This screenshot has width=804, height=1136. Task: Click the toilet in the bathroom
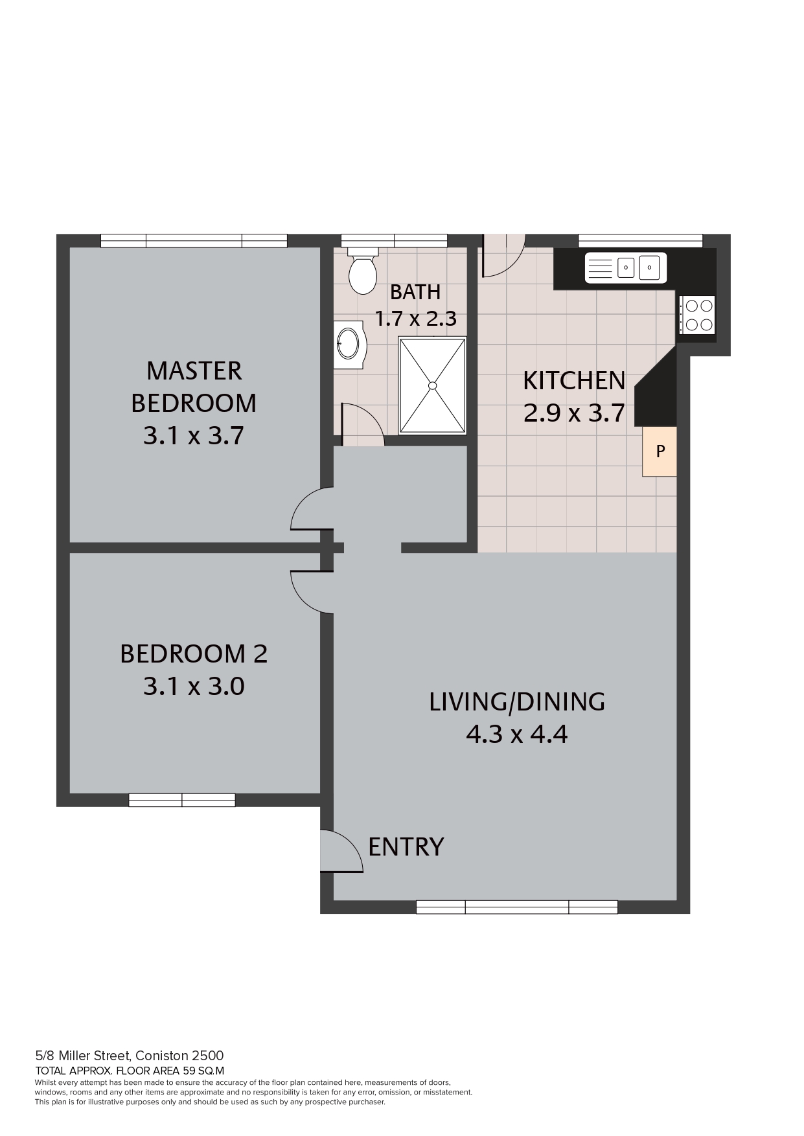[x=362, y=271]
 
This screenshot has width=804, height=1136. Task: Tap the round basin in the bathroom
[x=350, y=343]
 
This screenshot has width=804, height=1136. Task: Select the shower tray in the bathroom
[x=432, y=385]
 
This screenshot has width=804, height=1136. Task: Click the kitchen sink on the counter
[x=625, y=268]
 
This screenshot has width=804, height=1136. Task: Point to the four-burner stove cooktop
[x=697, y=315]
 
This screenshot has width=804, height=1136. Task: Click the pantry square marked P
[x=660, y=451]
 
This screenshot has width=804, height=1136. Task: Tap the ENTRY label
[x=406, y=846]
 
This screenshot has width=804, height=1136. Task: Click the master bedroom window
[x=194, y=241]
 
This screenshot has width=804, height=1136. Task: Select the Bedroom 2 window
[x=182, y=800]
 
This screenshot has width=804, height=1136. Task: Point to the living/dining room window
[x=516, y=907]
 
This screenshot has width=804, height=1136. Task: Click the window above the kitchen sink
[x=640, y=240]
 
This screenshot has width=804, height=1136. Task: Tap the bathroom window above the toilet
[x=394, y=240]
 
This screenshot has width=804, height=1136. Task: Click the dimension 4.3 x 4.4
[x=517, y=734]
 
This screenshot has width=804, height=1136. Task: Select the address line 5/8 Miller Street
[x=130, y=1056]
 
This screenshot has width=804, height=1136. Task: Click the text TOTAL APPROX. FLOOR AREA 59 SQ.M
[x=130, y=1071]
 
